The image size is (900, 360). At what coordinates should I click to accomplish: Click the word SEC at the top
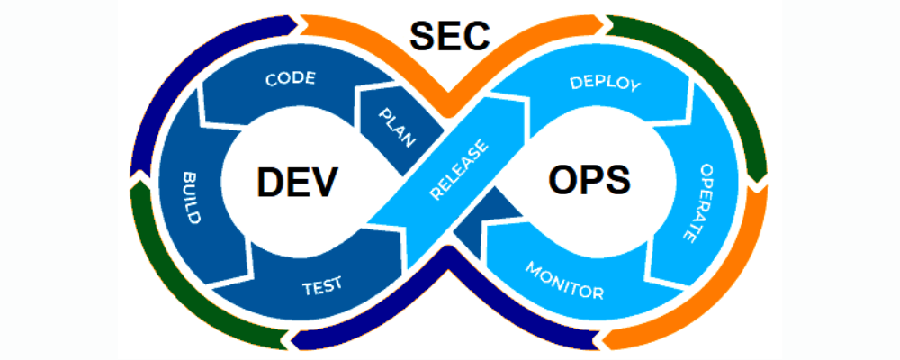coord(450,35)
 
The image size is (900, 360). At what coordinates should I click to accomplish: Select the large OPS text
coord(589,181)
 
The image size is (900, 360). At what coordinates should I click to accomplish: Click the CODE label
coord(290,79)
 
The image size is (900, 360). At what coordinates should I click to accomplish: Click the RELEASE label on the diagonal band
coord(460,170)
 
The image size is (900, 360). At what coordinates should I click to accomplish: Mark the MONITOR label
coord(564,281)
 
